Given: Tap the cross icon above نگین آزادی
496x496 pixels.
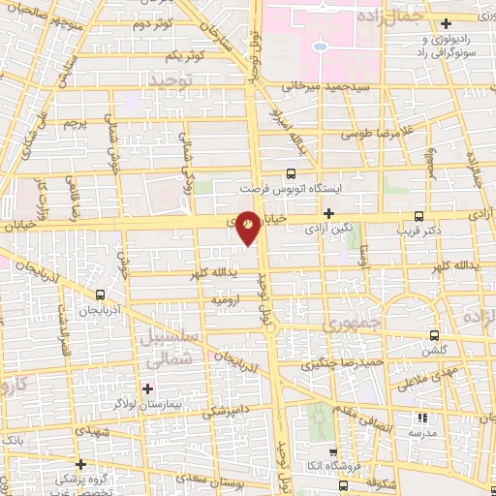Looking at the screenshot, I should [329, 213].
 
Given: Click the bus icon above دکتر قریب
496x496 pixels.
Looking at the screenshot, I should [418, 216].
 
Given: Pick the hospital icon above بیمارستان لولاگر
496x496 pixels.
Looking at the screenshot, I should [147, 389].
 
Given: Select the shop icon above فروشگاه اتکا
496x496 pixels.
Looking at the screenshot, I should [332, 451].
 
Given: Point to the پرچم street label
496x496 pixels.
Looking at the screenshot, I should [76, 124].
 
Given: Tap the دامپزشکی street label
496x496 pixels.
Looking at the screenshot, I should [224, 414].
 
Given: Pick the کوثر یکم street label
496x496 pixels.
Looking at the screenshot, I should [209, 55].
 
